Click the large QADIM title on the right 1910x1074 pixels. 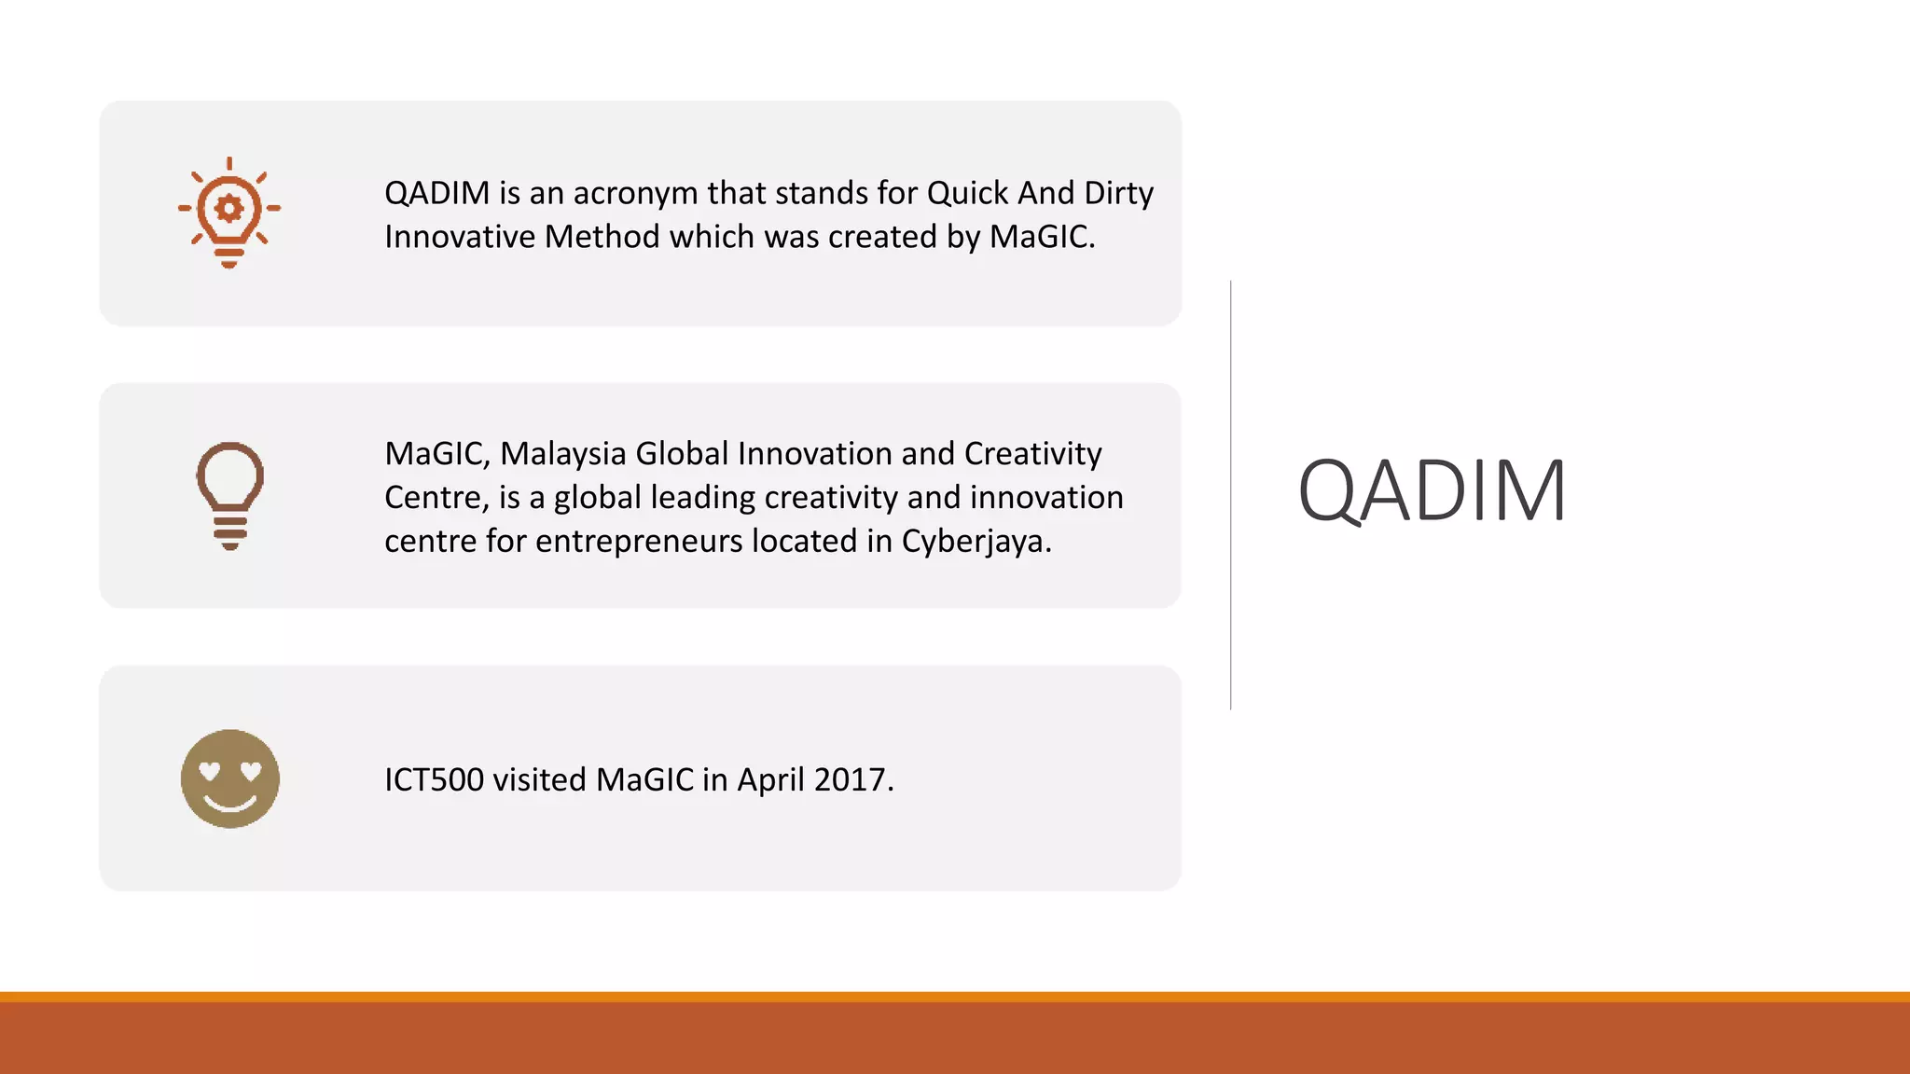[1432, 490]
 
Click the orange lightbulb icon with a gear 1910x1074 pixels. [229, 213]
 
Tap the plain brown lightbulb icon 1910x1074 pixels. [229, 495]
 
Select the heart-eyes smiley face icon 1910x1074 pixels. [229, 778]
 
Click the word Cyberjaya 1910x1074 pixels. [975, 542]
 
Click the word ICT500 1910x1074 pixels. [434, 779]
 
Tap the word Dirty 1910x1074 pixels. [1118, 193]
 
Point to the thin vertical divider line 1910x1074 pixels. [1231, 494]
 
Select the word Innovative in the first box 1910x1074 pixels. [460, 237]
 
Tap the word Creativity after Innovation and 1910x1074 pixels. [1032, 454]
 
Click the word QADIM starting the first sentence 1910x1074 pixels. [436, 193]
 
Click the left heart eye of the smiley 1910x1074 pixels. [211, 770]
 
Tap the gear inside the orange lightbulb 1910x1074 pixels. [229, 207]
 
